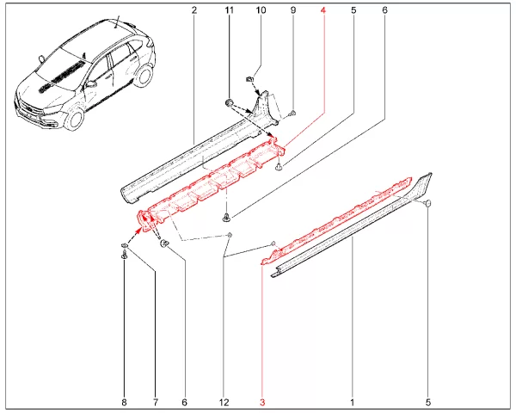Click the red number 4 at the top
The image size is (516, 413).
(323, 10)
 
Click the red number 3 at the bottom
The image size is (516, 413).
(263, 402)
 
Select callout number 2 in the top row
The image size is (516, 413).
(194, 10)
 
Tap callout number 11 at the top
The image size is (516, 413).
(228, 10)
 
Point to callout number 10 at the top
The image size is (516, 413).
(261, 10)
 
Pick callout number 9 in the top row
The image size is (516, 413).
(292, 10)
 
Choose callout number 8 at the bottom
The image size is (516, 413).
(124, 402)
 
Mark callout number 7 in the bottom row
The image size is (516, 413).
(156, 402)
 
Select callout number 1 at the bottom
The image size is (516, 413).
(352, 402)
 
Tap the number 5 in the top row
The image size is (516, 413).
(353, 10)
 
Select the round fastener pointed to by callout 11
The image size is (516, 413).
(230, 104)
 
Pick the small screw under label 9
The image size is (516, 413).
(293, 112)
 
